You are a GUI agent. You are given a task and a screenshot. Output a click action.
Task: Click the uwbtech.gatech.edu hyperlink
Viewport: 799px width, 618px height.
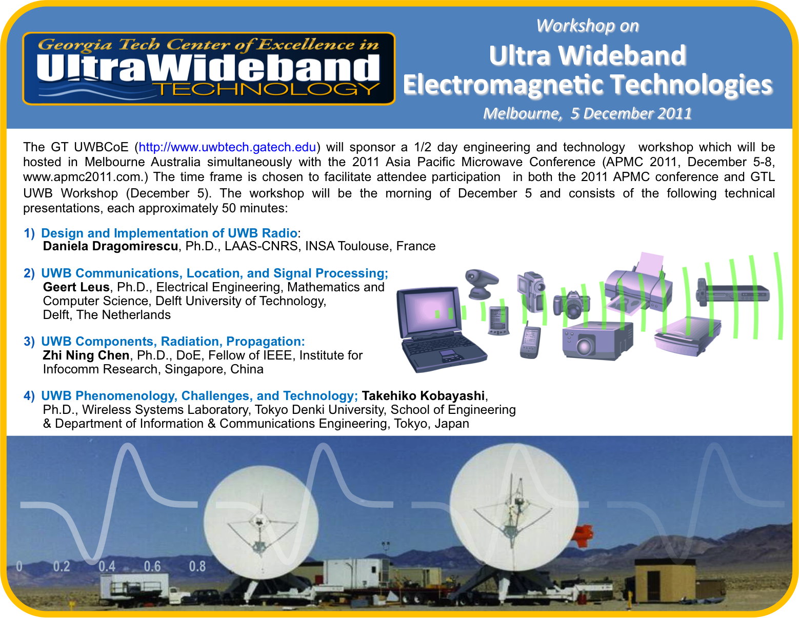(x=227, y=147)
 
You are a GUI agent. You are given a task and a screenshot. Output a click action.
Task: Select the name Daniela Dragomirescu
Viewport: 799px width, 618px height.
(x=111, y=246)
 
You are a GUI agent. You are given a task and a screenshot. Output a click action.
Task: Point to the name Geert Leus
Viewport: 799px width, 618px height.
(x=76, y=287)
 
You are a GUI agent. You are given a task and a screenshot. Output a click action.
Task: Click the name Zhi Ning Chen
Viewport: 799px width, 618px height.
(x=86, y=355)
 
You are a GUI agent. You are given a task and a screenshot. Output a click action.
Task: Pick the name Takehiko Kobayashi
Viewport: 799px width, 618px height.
(x=423, y=395)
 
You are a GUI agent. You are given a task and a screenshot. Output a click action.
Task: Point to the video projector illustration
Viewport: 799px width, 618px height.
(x=597, y=341)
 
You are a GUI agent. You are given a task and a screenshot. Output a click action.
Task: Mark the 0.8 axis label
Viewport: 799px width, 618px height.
(x=197, y=567)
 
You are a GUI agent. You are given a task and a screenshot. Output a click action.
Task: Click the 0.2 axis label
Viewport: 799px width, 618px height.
(x=62, y=567)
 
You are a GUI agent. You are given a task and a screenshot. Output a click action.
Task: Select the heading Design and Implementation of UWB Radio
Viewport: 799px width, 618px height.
(x=169, y=233)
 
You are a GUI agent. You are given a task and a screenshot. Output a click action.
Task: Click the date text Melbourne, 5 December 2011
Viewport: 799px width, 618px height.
(x=587, y=113)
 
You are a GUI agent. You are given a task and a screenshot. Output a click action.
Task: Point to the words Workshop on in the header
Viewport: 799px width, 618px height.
(x=587, y=26)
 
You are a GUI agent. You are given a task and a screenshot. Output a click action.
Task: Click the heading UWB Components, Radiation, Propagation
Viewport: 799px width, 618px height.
(x=173, y=342)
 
